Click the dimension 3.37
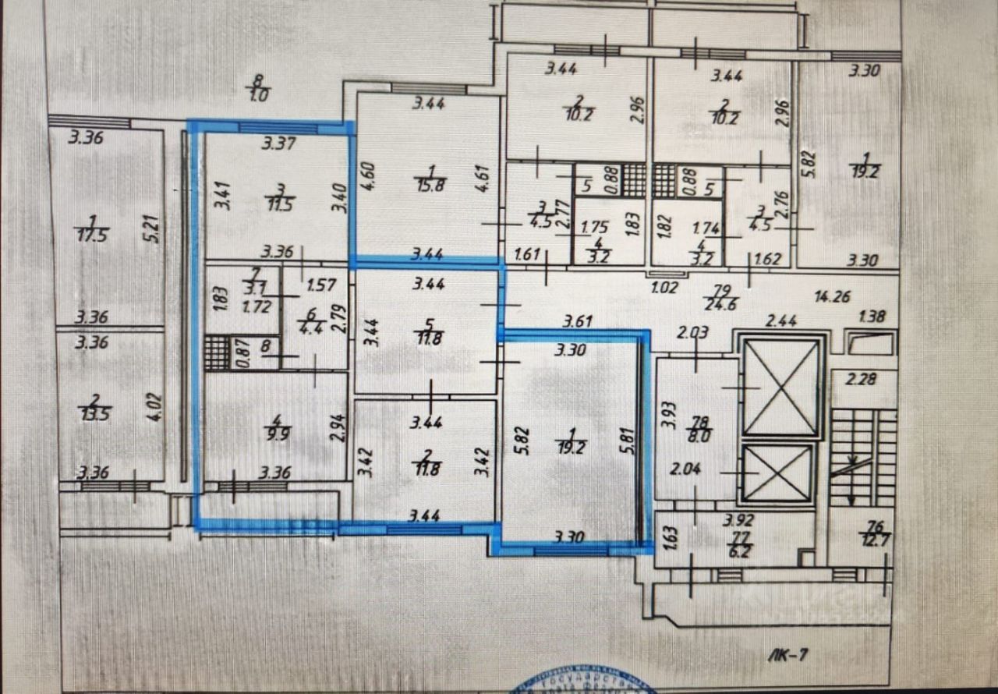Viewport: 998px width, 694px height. pos(278,143)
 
